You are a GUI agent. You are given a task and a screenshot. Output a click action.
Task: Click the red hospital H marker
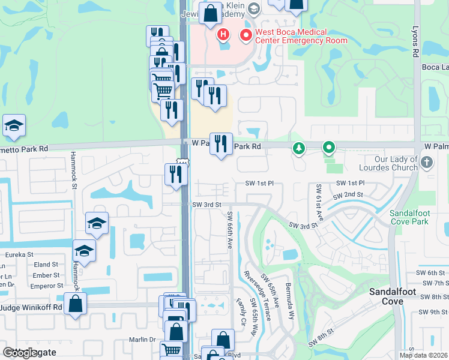[223, 35]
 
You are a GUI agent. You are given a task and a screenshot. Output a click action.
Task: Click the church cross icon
[426, 162]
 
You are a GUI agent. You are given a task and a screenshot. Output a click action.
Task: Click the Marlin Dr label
[142, 339]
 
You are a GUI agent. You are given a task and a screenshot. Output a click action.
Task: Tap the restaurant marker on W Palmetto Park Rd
[221, 143]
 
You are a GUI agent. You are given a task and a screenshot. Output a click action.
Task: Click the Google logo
[20, 353]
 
